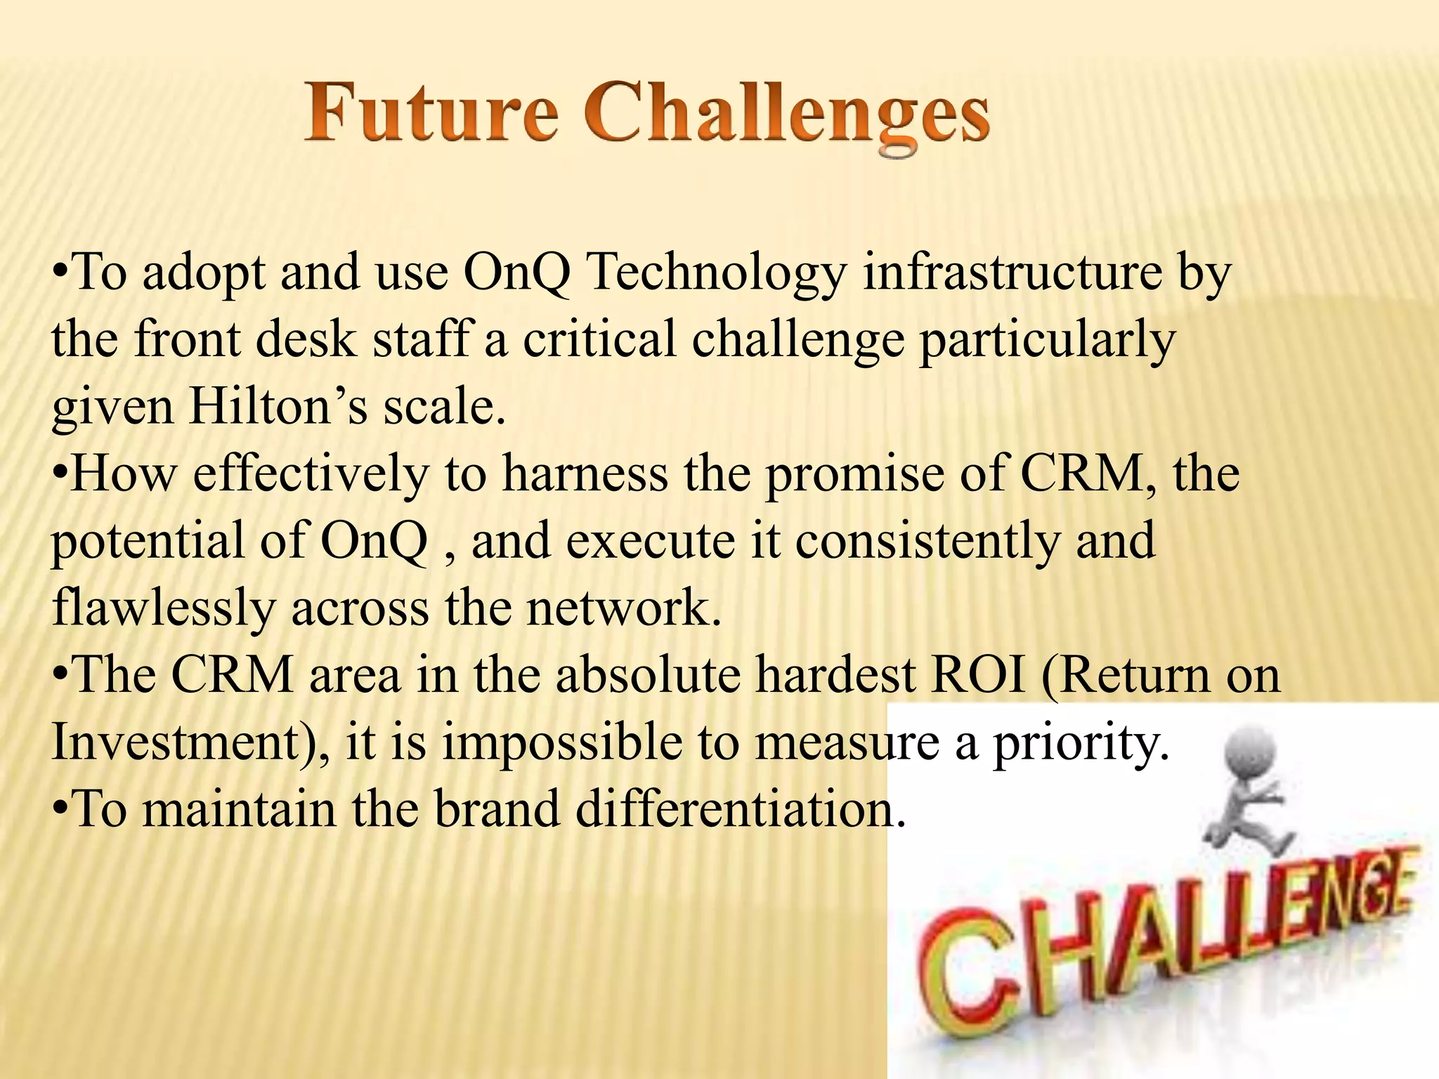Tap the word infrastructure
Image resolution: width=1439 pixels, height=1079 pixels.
point(1012,272)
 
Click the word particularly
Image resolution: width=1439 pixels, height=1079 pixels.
point(1047,341)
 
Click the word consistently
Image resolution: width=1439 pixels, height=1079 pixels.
point(927,541)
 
